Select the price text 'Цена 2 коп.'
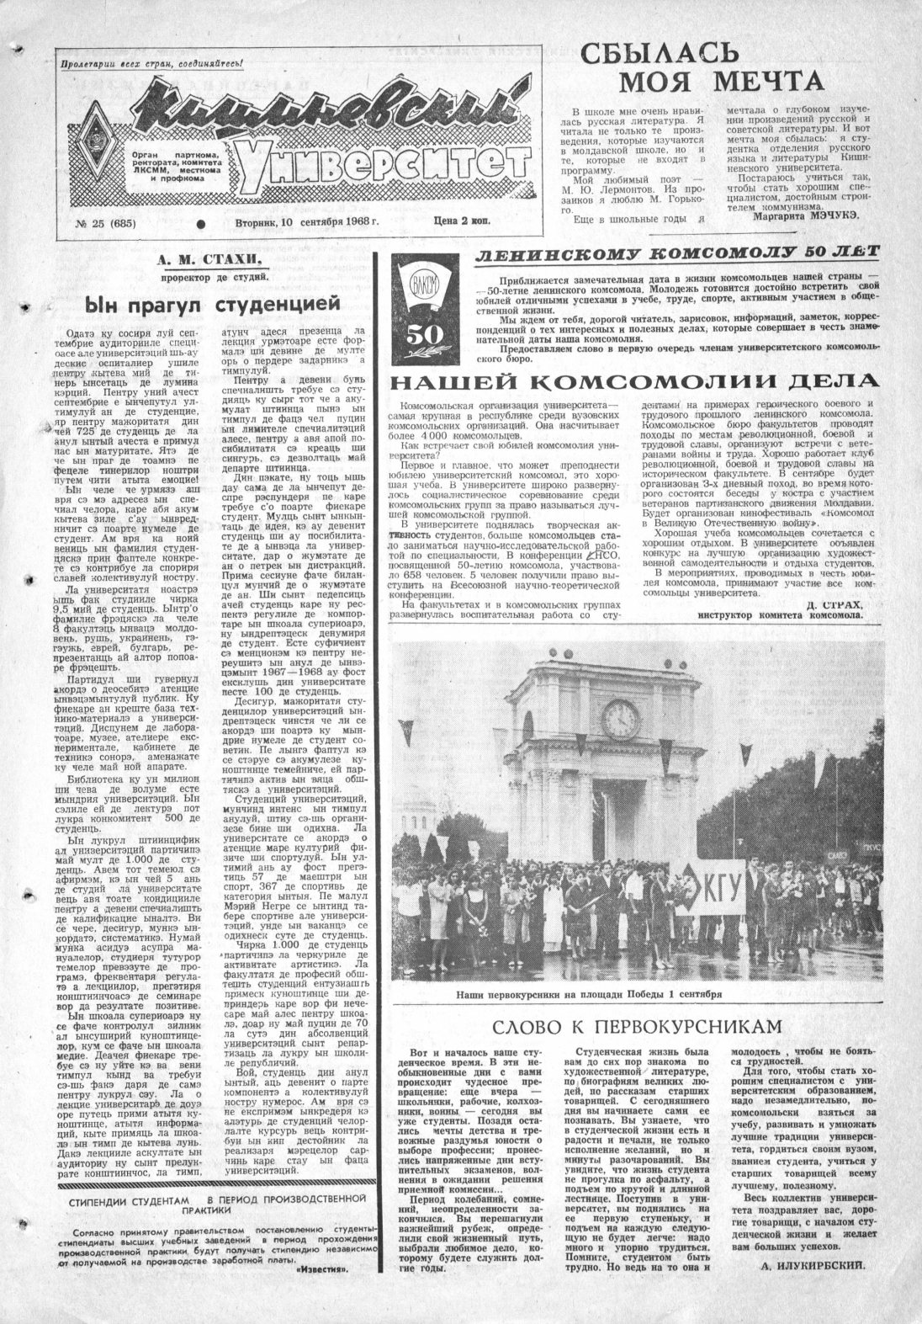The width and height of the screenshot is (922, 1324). click(x=458, y=221)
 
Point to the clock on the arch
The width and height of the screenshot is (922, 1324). click(x=619, y=717)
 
